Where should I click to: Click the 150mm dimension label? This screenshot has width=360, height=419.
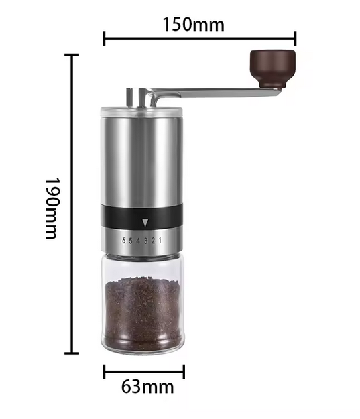[193, 25]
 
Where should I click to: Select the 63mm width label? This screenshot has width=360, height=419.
[147, 387]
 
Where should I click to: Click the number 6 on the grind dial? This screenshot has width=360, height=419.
[124, 240]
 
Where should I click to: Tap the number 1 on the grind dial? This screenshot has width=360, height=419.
[161, 240]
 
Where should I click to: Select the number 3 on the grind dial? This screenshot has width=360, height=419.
[146, 240]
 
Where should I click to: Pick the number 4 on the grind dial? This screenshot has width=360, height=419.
[139, 240]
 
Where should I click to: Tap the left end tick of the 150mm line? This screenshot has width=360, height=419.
[105, 38]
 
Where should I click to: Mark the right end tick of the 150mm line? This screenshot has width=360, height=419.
[296, 38]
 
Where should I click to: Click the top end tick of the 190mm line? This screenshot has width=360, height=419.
[72, 55]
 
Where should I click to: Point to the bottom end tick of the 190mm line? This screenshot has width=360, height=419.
[72, 353]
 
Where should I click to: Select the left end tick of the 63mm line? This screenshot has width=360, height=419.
[105, 371]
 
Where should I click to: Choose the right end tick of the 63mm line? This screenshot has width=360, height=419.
[184, 371]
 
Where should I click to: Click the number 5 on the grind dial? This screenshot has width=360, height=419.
[131, 240]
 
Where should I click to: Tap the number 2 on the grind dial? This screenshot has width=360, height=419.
[154, 240]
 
